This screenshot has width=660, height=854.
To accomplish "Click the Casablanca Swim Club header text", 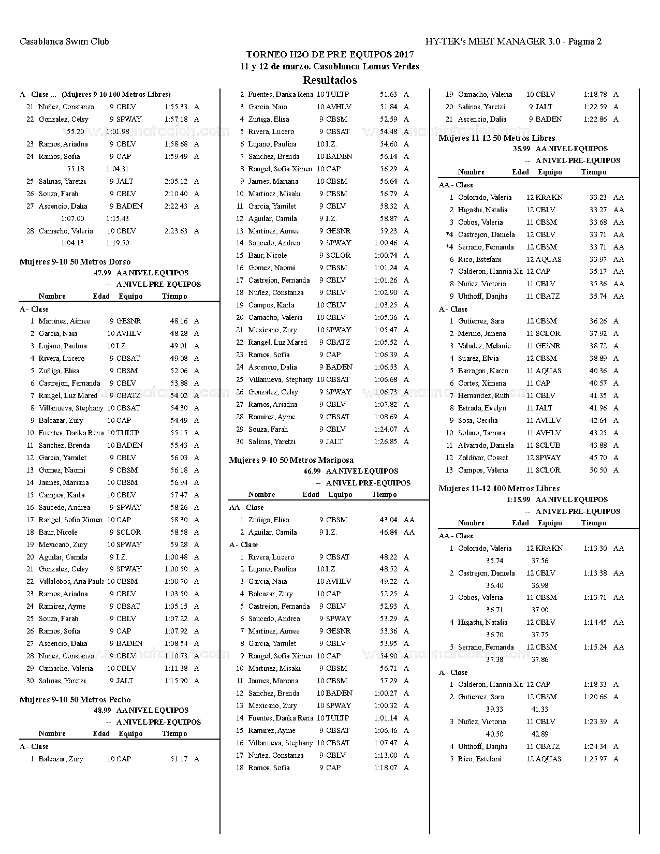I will tap(64, 41).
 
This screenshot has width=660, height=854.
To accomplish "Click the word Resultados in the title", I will tap(330, 80).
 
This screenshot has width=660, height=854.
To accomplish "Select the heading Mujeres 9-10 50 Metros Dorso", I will tap(75, 262).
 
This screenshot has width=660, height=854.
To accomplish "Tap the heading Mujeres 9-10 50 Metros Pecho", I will tap(75, 699).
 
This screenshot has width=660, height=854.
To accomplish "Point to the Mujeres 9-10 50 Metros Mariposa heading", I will tap(291, 460).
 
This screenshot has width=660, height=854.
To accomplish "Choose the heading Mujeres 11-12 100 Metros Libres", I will tap(499, 488).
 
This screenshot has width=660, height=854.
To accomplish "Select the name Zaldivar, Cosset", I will tap(483, 458).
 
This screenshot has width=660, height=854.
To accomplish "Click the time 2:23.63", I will tap(176, 231).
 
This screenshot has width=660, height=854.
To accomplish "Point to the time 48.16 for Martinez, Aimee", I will tap(179, 321).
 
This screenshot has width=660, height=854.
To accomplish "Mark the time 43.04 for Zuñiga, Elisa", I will tap(388, 520).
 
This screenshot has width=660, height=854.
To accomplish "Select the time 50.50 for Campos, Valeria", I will tap(598, 470).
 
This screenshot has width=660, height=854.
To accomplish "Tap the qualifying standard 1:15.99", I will tap(518, 499).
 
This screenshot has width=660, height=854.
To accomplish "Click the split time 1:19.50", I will tap(118, 243).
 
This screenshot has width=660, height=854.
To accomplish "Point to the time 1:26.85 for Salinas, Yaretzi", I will tap(386, 441).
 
